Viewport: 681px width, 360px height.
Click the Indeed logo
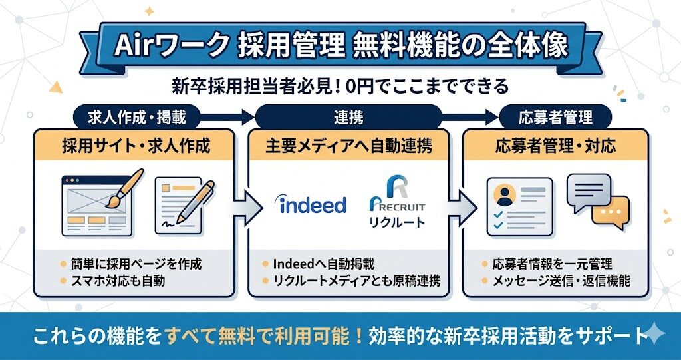point(311,204)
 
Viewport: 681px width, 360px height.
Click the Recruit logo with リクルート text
point(396,203)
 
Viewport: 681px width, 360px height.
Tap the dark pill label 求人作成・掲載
point(132,118)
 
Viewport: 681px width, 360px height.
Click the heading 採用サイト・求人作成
point(135,145)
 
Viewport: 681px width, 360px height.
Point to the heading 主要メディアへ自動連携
point(348,145)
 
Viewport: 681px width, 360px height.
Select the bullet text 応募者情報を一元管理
point(551,264)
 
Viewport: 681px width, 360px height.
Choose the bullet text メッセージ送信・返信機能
point(561,281)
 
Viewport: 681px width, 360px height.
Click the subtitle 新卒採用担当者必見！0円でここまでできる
point(340,87)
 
